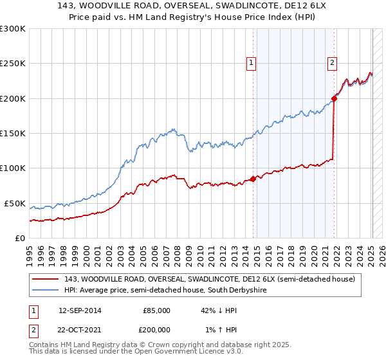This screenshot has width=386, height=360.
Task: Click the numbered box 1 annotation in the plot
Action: coord(250,63)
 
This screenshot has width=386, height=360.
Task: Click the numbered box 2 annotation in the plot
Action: coord(332,63)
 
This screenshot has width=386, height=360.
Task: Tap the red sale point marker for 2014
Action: coord(253,179)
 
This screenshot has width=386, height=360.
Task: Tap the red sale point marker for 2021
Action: coord(335,98)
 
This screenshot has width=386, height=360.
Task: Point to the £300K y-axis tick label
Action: coord(12,29)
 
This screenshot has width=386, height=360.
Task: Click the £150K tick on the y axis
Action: coord(12,134)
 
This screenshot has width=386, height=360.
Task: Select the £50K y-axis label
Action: coord(15,203)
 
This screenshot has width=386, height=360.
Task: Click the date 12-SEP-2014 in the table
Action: coord(80,310)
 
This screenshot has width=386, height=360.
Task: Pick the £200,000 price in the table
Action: coord(156,328)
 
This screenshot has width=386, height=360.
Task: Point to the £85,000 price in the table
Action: coord(156,310)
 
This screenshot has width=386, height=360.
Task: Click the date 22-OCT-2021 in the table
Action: coord(80,328)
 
